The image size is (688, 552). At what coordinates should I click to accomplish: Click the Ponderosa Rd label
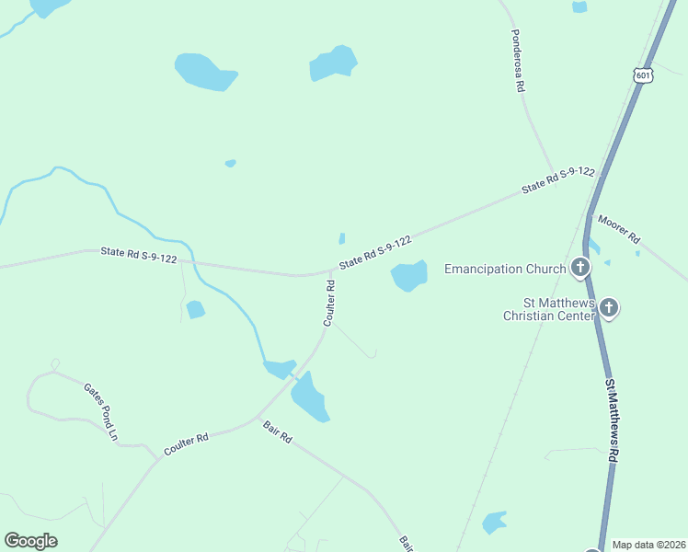click(x=517, y=62)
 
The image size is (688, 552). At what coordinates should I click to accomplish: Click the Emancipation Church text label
click(x=504, y=270)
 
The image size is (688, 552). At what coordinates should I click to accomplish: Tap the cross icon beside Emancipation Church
click(x=579, y=269)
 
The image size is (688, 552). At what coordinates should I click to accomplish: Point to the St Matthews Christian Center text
click(x=547, y=309)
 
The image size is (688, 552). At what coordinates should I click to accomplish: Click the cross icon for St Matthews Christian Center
click(x=608, y=308)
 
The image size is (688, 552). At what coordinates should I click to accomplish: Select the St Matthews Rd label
click(x=611, y=412)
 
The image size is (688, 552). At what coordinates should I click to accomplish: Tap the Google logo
click(x=31, y=541)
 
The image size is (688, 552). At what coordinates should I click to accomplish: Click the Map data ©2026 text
click(x=648, y=545)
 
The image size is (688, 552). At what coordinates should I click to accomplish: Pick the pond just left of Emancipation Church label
click(x=409, y=275)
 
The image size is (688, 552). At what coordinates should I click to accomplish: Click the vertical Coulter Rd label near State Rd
click(x=329, y=304)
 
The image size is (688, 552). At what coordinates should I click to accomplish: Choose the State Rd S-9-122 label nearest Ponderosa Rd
click(x=557, y=180)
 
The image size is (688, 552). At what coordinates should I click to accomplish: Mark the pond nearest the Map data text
click(x=494, y=522)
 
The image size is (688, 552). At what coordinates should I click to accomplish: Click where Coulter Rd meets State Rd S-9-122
click(x=332, y=271)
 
